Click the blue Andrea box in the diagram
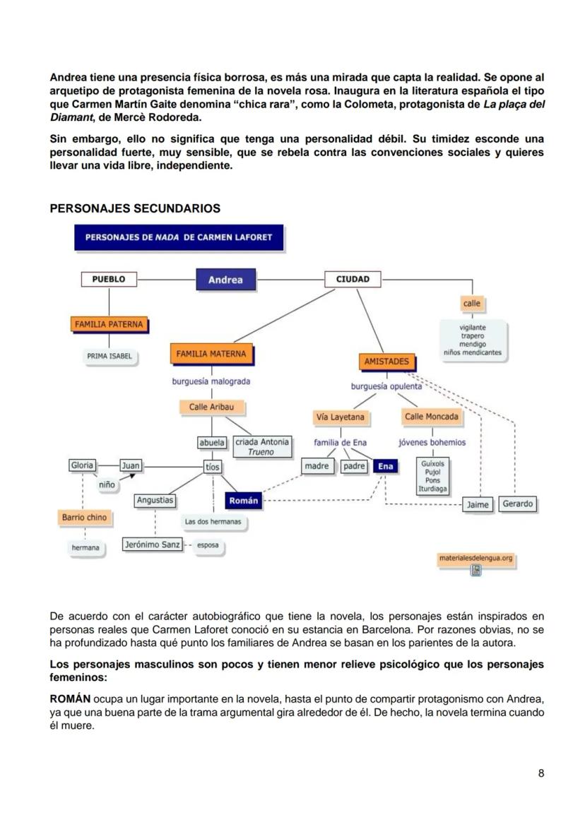225,280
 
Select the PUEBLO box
109,279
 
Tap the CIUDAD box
353,279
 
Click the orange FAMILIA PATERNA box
109,325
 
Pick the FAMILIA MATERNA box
211,354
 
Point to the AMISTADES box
386,362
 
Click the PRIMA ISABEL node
110,357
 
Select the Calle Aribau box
211,407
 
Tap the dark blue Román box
244,501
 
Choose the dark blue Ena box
385,466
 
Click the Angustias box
155,500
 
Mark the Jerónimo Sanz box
152,545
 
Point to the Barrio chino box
84,518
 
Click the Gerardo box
518,504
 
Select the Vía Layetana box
341,417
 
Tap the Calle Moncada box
431,417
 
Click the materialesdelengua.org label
475,559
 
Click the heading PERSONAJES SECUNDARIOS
135,208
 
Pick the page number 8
541,773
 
